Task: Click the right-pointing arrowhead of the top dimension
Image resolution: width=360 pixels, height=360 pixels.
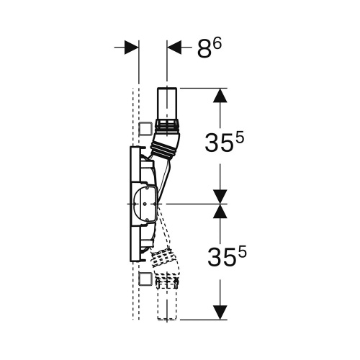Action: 131,48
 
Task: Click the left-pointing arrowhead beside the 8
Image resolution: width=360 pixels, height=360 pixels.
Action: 174,48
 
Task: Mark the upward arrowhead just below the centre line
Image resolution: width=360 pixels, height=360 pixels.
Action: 220,212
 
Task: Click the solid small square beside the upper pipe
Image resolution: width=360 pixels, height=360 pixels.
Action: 145,130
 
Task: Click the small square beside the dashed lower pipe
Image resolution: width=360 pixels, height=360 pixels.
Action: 145,279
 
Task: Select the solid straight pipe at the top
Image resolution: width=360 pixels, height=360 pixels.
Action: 167,105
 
